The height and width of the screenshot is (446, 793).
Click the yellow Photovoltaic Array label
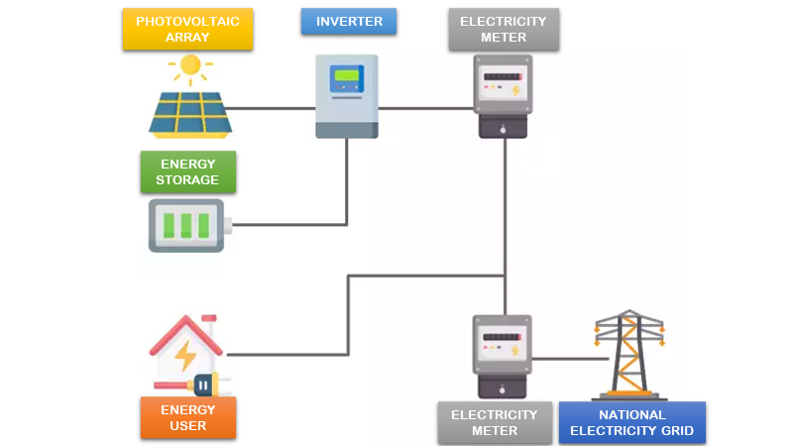[x=187, y=30]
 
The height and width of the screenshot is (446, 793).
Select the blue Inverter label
[x=348, y=22]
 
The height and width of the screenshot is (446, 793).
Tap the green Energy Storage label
[x=187, y=171]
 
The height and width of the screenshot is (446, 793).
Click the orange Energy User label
[x=187, y=417]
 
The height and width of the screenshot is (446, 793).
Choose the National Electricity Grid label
[x=632, y=423]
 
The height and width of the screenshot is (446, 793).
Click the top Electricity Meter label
[x=503, y=30]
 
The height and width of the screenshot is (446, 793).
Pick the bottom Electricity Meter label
[x=494, y=423]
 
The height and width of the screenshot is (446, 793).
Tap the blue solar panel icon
[x=190, y=113]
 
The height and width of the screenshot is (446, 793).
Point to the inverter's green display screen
[x=347, y=75]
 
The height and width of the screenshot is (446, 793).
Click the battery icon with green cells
[x=187, y=226]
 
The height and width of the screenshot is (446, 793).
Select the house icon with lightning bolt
[x=185, y=352]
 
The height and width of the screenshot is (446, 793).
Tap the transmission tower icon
[x=628, y=352]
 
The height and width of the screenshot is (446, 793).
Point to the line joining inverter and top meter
[x=426, y=108]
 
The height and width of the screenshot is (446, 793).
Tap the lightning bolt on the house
[x=185, y=355]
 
